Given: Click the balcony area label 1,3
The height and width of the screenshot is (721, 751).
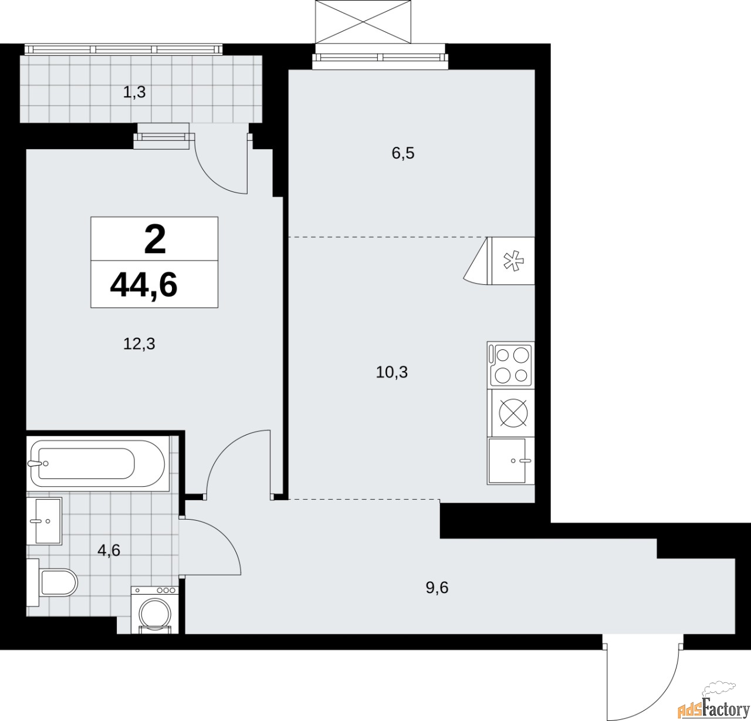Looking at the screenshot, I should [134, 92].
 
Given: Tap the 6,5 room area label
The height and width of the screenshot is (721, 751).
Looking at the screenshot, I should [403, 153].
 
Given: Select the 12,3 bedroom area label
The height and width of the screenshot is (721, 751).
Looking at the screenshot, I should [139, 343].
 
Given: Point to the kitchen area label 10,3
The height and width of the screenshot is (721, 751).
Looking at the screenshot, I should [392, 372].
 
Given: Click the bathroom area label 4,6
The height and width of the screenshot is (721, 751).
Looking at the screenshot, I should [109, 551].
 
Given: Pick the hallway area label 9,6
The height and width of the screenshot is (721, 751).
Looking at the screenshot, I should [437, 588].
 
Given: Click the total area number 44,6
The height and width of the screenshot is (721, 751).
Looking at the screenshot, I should [144, 286].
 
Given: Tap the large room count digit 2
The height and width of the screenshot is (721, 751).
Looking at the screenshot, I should [154, 240].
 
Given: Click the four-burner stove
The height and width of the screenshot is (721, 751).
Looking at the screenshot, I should [510, 366].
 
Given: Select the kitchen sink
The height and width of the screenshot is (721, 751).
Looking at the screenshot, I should [509, 461].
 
